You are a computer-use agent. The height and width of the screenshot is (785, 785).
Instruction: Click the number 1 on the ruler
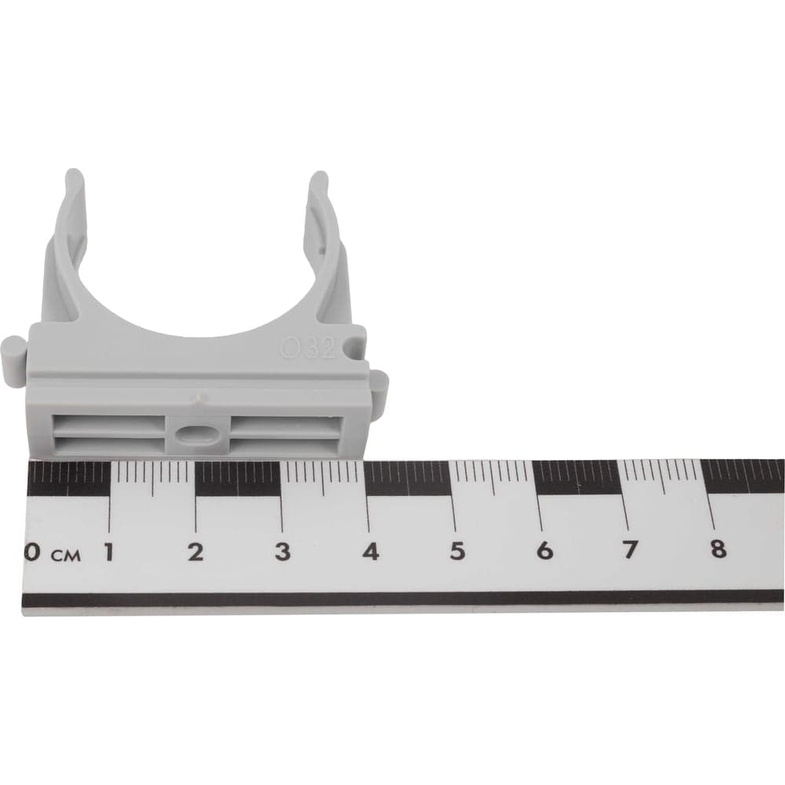[108, 552]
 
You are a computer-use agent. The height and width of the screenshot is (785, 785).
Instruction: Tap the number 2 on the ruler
[195, 552]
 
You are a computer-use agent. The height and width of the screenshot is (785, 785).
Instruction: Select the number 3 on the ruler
[283, 551]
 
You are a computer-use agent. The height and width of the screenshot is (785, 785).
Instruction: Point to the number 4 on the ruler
[371, 551]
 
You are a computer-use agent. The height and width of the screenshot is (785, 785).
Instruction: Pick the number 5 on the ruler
[457, 551]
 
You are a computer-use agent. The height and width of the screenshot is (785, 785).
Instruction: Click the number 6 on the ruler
[544, 551]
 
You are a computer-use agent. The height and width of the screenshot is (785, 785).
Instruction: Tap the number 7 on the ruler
[630, 549]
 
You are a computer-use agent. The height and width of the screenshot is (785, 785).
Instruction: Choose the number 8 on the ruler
[718, 549]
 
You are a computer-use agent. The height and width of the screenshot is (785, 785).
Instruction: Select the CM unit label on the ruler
[66, 555]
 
